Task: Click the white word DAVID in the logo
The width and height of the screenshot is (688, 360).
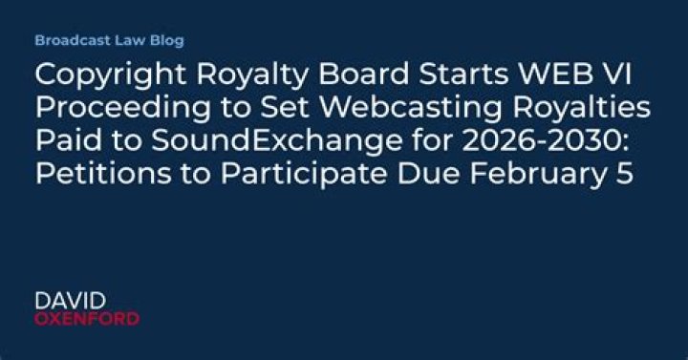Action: tap(70, 300)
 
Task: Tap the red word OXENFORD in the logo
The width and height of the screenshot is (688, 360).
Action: tap(86, 318)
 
